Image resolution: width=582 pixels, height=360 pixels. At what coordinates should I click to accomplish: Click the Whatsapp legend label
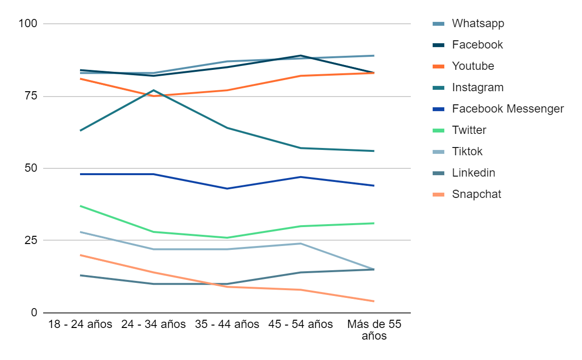[x=478, y=24]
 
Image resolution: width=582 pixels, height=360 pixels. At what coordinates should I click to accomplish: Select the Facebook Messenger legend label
[x=508, y=109]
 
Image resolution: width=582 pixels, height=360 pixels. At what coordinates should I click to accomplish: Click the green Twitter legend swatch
[x=438, y=131]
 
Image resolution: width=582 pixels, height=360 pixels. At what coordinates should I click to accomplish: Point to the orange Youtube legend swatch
[x=438, y=66]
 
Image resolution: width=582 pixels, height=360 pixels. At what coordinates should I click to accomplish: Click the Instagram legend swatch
[x=438, y=88]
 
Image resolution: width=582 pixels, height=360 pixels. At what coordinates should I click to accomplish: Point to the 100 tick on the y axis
[x=28, y=24]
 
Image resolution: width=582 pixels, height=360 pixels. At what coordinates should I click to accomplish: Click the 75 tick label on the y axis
[x=31, y=96]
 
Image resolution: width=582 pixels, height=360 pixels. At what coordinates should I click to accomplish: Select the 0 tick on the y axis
[x=34, y=312]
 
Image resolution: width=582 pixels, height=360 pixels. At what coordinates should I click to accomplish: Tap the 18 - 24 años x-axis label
[x=81, y=325]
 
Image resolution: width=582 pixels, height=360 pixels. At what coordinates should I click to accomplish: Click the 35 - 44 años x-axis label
[x=227, y=325]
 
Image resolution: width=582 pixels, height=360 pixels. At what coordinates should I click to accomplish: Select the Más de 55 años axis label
[x=374, y=330]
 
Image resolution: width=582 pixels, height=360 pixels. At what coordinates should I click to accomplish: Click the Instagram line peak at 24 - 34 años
[x=154, y=90]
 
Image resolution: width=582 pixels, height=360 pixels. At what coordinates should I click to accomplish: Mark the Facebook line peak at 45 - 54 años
[x=301, y=56]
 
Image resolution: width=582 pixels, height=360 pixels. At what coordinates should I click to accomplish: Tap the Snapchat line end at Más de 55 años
[x=374, y=301]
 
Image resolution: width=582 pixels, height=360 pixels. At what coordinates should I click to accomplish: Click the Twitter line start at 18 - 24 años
[x=81, y=206]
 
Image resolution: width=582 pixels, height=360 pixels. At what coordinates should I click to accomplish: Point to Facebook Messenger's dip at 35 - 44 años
[x=227, y=188]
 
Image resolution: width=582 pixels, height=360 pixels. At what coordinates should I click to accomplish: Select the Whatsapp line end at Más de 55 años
[x=374, y=56]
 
